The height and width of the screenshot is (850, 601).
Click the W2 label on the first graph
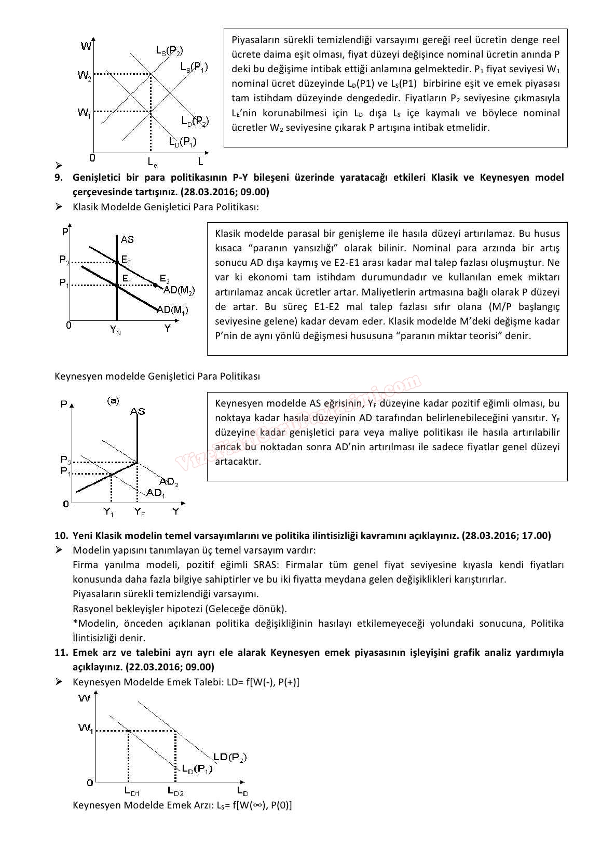click(x=85, y=76)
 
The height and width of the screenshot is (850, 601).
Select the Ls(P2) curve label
click(x=170, y=50)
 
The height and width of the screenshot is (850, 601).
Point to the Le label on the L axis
click(x=153, y=163)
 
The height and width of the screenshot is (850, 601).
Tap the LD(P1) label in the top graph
click(x=182, y=142)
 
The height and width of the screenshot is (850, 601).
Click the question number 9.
click(x=59, y=177)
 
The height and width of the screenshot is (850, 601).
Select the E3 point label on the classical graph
click(x=126, y=261)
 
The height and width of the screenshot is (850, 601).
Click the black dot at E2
click(x=155, y=285)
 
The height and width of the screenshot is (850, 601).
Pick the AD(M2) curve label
click(x=179, y=291)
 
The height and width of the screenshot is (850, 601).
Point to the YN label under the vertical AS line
click(x=115, y=330)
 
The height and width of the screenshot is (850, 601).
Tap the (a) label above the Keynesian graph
click(x=113, y=400)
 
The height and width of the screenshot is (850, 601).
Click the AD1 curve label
click(x=156, y=493)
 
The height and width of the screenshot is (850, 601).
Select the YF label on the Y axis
click(x=140, y=512)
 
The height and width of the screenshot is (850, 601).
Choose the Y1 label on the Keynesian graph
click(x=108, y=512)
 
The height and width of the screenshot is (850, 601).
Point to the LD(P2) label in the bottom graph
click(x=230, y=758)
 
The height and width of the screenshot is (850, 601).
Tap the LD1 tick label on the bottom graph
click(x=132, y=791)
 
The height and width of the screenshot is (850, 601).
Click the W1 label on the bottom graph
click(x=86, y=728)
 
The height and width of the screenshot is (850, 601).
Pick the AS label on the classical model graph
click(x=127, y=239)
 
